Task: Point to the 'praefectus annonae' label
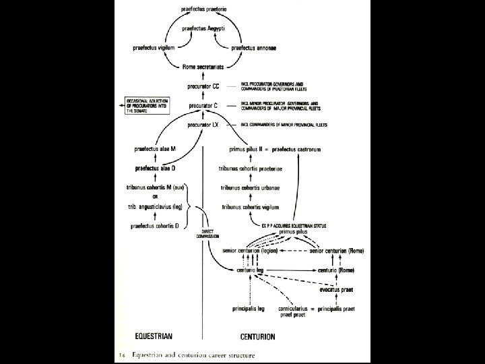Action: click(257, 48)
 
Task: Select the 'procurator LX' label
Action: click(204, 125)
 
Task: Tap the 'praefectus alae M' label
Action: click(155, 148)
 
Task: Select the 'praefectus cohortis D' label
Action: click(155, 226)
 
